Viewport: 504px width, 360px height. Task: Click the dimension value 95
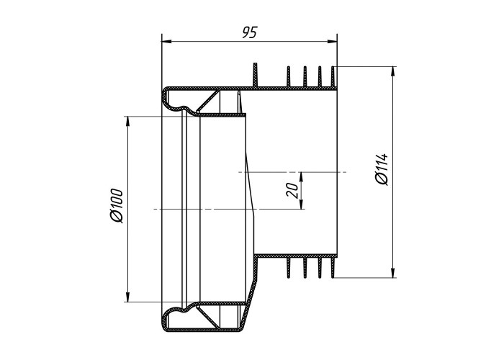(250, 32)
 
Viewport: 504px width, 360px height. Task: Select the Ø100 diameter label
(117, 207)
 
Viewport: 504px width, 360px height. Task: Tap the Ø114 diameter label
(382, 169)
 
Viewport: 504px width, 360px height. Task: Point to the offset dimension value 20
(292, 189)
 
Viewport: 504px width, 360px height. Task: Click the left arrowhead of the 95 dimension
(166, 41)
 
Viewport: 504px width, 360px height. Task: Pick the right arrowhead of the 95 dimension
(332, 41)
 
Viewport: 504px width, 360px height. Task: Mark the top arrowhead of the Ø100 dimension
(127, 121)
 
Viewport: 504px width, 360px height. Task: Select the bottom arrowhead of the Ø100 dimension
(127, 297)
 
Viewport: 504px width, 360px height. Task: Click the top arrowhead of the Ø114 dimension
(392, 72)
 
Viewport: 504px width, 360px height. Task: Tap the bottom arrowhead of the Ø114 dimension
(392, 272)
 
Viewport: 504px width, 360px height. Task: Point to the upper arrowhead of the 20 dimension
(301, 177)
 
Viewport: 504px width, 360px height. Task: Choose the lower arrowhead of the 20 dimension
(301, 204)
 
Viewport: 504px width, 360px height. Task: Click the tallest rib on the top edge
(256, 75)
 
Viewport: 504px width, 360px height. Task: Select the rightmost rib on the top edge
(333, 77)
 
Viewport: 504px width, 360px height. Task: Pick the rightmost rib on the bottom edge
(333, 267)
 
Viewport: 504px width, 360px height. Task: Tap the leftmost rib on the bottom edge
(288, 267)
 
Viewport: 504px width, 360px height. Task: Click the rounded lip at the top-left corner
(164, 96)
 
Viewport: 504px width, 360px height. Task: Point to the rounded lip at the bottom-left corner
(164, 321)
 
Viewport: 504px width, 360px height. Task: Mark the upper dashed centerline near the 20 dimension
(292, 172)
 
